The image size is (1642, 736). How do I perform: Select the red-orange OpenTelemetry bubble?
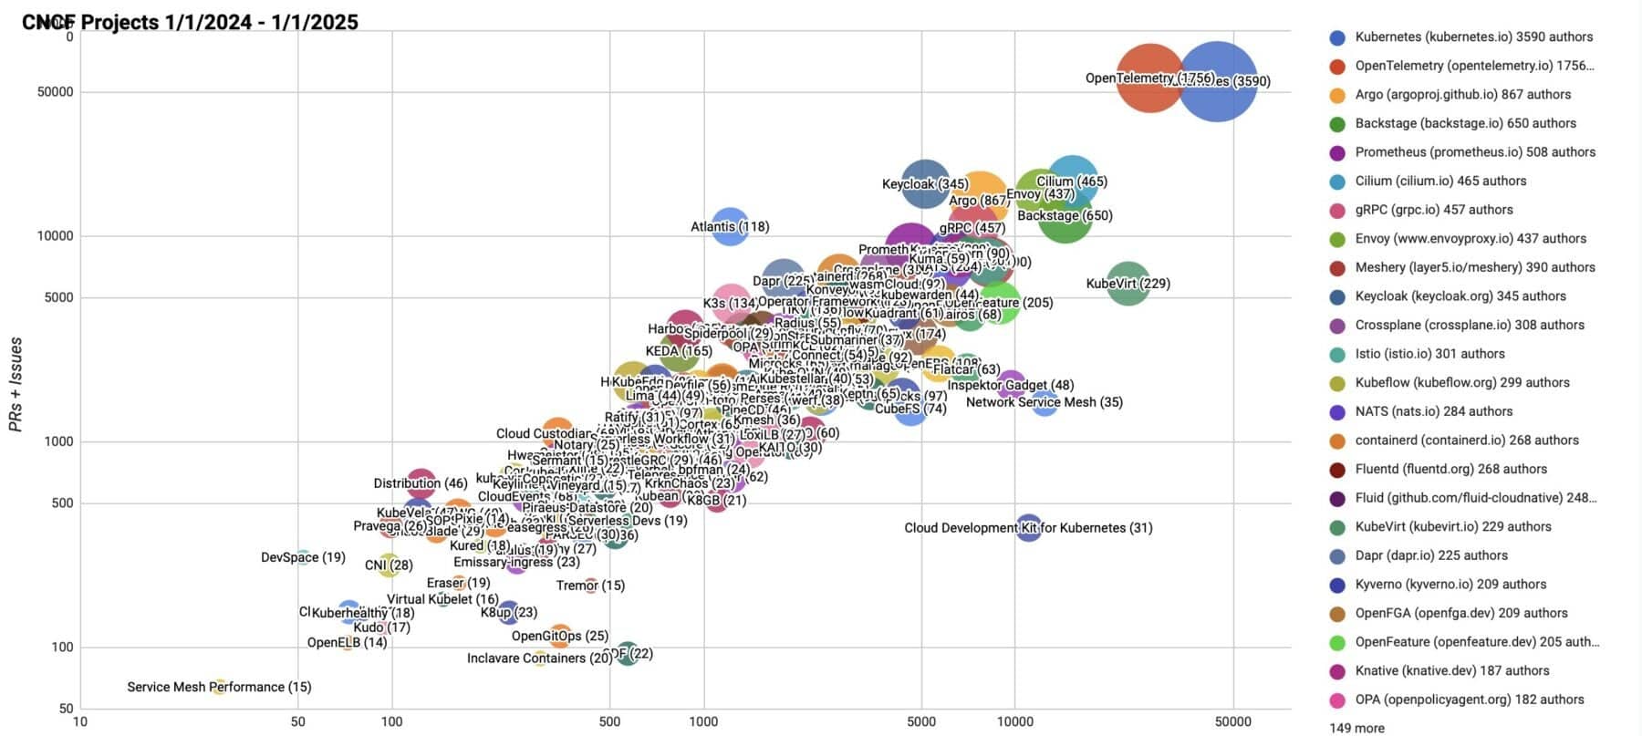pos(1149,79)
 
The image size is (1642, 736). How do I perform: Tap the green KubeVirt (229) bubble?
pos(1128,284)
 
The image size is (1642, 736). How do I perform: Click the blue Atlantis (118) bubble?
pos(730,226)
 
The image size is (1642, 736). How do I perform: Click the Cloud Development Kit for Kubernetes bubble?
pos(1028,527)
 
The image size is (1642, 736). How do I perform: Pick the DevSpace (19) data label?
pos(303,557)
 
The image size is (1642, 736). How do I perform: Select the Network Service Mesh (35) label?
pos(1044,402)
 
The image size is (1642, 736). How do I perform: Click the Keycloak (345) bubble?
pos(924,183)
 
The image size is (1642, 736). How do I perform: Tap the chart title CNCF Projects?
pos(190,22)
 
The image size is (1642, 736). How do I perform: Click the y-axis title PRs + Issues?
pos(16,383)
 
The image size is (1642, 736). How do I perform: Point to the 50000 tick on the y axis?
pos(55,92)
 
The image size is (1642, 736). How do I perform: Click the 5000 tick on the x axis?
pos(921,721)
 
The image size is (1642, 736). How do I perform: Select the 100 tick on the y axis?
pos(60,648)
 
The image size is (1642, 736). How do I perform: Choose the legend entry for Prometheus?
pos(1474,152)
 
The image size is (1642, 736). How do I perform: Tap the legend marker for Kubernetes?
pos(1337,37)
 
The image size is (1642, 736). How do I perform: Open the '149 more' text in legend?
pos(1356,728)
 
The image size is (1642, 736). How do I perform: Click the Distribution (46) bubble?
pos(421,483)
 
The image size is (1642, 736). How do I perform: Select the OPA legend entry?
pos(1469,700)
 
